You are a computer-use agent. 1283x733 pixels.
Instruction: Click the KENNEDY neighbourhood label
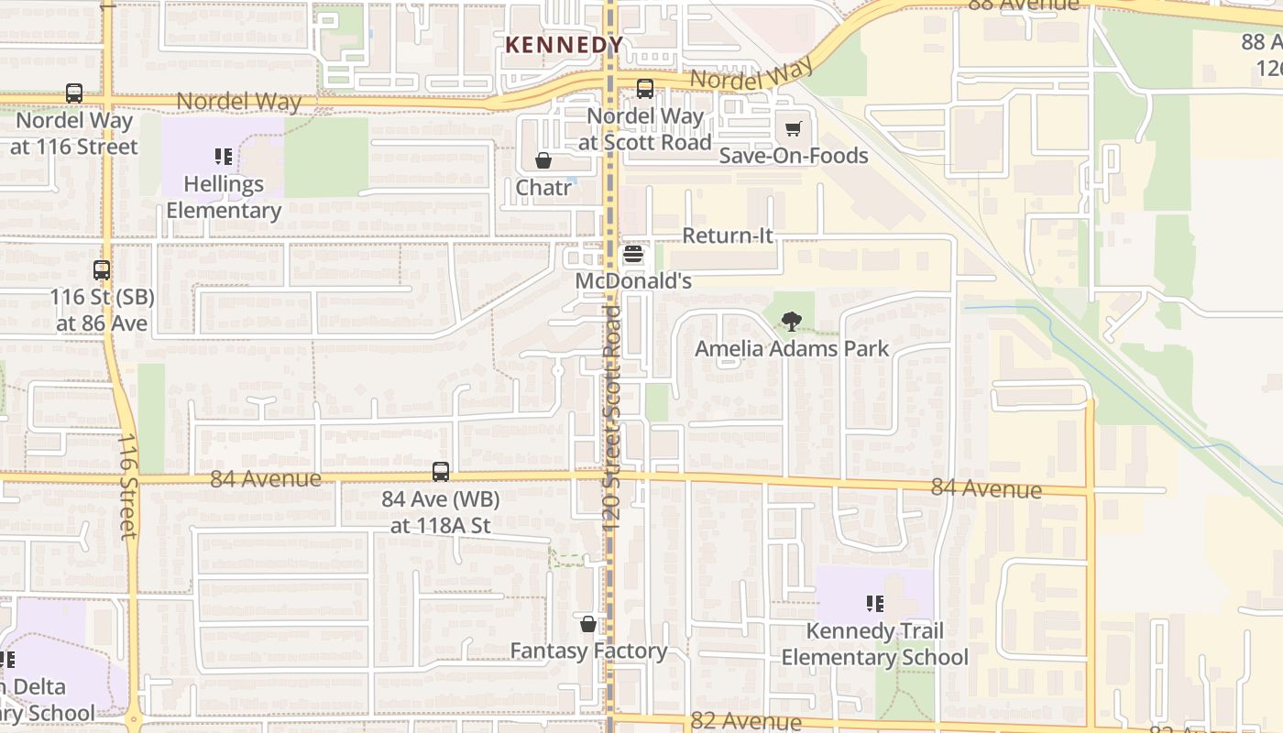(565, 44)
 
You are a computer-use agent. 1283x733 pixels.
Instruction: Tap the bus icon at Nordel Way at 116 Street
(74, 93)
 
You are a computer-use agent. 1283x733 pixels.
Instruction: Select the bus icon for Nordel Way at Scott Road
(645, 89)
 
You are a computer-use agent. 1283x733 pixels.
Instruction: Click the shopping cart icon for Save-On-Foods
(794, 129)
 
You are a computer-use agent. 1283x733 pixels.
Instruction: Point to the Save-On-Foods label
(794, 156)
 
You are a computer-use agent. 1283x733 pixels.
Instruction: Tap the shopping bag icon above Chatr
(543, 161)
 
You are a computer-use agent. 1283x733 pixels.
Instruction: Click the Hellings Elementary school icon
(223, 157)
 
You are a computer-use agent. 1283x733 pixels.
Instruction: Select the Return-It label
(728, 235)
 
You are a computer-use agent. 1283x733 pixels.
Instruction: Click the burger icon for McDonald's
(633, 256)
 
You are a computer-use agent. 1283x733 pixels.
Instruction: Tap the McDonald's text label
(633, 281)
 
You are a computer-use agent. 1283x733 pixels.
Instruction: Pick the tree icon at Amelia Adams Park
(791, 322)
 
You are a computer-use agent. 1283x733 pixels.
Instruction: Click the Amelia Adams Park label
(791, 349)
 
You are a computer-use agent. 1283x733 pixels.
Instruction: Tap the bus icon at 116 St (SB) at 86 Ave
(102, 271)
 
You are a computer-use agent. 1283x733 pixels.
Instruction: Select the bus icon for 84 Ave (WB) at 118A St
(441, 472)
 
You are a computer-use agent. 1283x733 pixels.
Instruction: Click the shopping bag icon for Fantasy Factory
(588, 624)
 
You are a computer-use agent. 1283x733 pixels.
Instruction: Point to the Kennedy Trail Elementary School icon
(874, 604)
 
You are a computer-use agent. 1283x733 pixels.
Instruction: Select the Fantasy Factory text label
(588, 651)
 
